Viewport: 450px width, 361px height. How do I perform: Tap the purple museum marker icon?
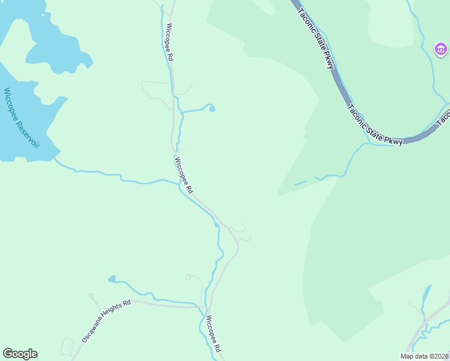point(440,48)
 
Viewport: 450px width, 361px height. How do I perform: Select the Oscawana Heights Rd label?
point(106,322)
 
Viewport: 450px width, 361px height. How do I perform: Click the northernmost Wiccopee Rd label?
point(170,42)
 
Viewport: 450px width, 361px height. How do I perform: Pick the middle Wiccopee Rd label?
point(183,175)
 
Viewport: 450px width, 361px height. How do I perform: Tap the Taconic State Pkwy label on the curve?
point(374,126)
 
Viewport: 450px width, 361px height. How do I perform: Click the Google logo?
point(20,354)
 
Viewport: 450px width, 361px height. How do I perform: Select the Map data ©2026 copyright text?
point(424,356)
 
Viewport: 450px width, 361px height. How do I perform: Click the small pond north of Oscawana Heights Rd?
point(112,279)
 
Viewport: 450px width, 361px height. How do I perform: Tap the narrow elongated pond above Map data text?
point(427,293)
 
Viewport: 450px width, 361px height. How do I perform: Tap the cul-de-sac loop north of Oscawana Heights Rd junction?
point(188,277)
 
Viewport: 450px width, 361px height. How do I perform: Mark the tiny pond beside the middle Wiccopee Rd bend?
point(217,224)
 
